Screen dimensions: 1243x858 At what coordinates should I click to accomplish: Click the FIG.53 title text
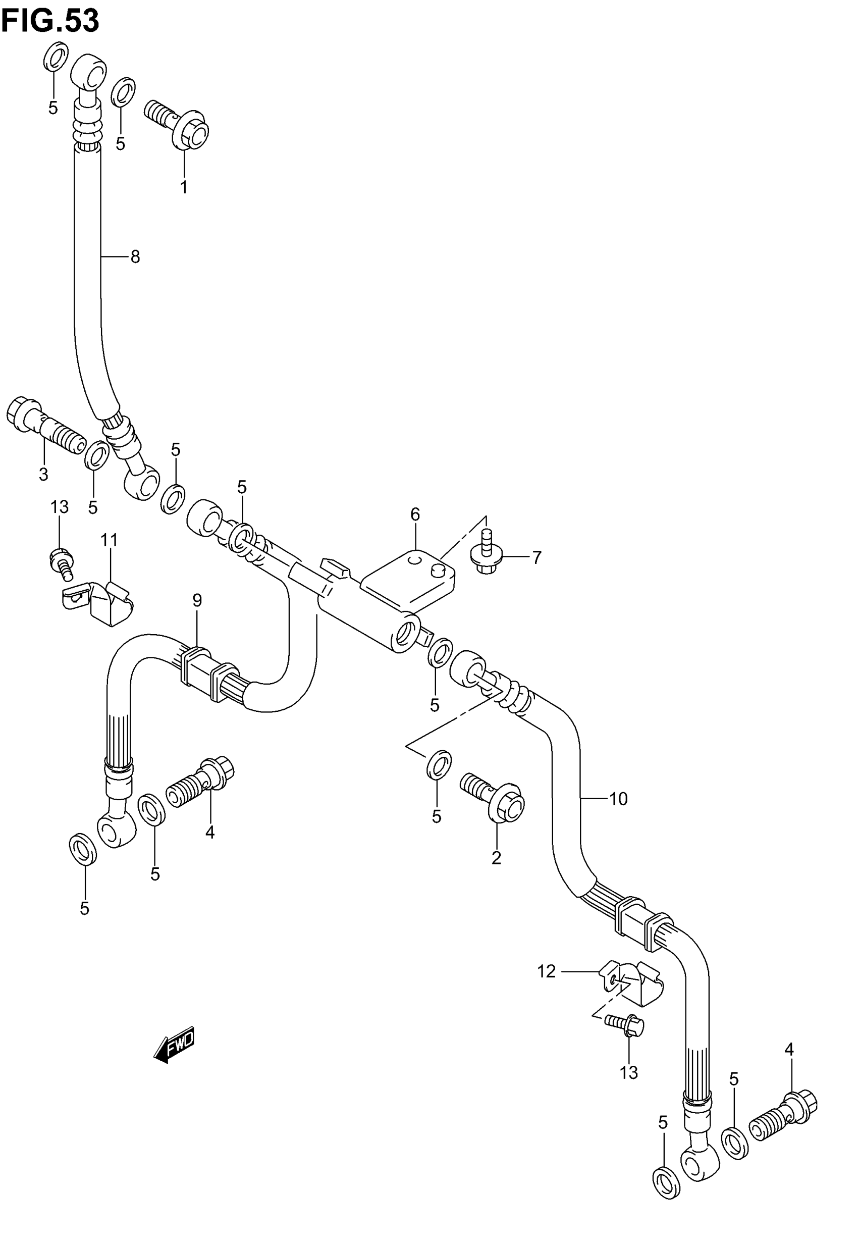[50, 22]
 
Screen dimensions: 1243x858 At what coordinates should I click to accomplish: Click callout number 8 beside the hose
[135, 257]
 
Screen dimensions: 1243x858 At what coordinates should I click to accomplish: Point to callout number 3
[43, 474]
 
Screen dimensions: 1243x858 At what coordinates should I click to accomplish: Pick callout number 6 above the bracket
[415, 514]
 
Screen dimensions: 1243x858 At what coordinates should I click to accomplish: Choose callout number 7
[536, 557]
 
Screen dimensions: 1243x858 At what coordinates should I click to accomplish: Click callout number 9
[197, 600]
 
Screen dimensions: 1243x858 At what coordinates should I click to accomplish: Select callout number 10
[618, 799]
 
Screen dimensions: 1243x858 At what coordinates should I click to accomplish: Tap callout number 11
[109, 539]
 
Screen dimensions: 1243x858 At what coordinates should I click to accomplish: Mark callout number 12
[546, 971]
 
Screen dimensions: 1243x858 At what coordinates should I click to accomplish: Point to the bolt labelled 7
[486, 554]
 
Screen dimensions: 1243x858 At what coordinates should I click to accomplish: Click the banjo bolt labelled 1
[178, 121]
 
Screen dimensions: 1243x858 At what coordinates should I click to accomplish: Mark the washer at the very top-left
[56, 57]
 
